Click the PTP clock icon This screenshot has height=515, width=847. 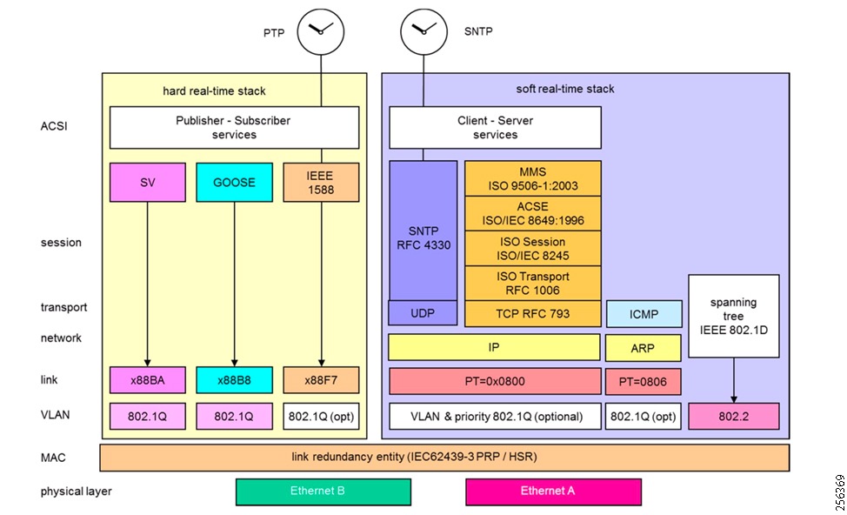click(321, 30)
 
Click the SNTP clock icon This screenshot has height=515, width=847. click(423, 30)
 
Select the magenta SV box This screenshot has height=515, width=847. click(147, 183)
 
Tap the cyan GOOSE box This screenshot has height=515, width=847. click(233, 183)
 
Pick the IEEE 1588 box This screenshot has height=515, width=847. click(321, 183)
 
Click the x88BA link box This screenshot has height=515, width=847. click(147, 380)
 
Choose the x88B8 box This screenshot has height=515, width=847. click(233, 380)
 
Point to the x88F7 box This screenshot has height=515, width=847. click(321, 380)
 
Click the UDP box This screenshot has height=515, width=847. click(423, 313)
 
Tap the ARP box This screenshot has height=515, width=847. click(643, 347)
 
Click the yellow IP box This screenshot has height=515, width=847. click(494, 347)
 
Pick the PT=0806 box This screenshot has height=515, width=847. click(643, 381)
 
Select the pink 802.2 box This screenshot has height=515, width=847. click(733, 417)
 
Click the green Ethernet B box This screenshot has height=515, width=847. click(323, 492)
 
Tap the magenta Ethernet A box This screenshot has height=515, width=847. click(553, 492)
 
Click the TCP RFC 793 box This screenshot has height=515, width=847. click(532, 313)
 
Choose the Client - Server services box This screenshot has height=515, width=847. click(494, 128)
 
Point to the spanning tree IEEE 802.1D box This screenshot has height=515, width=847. click(733, 316)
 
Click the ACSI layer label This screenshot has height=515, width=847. click(54, 126)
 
